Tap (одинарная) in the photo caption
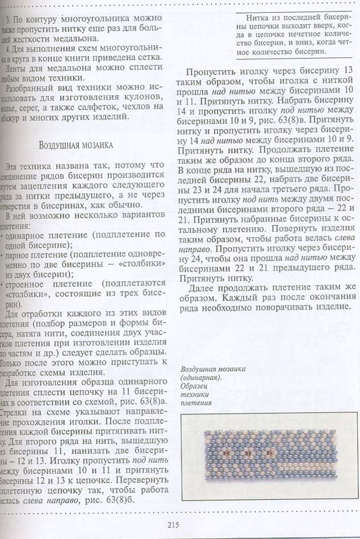208,379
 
